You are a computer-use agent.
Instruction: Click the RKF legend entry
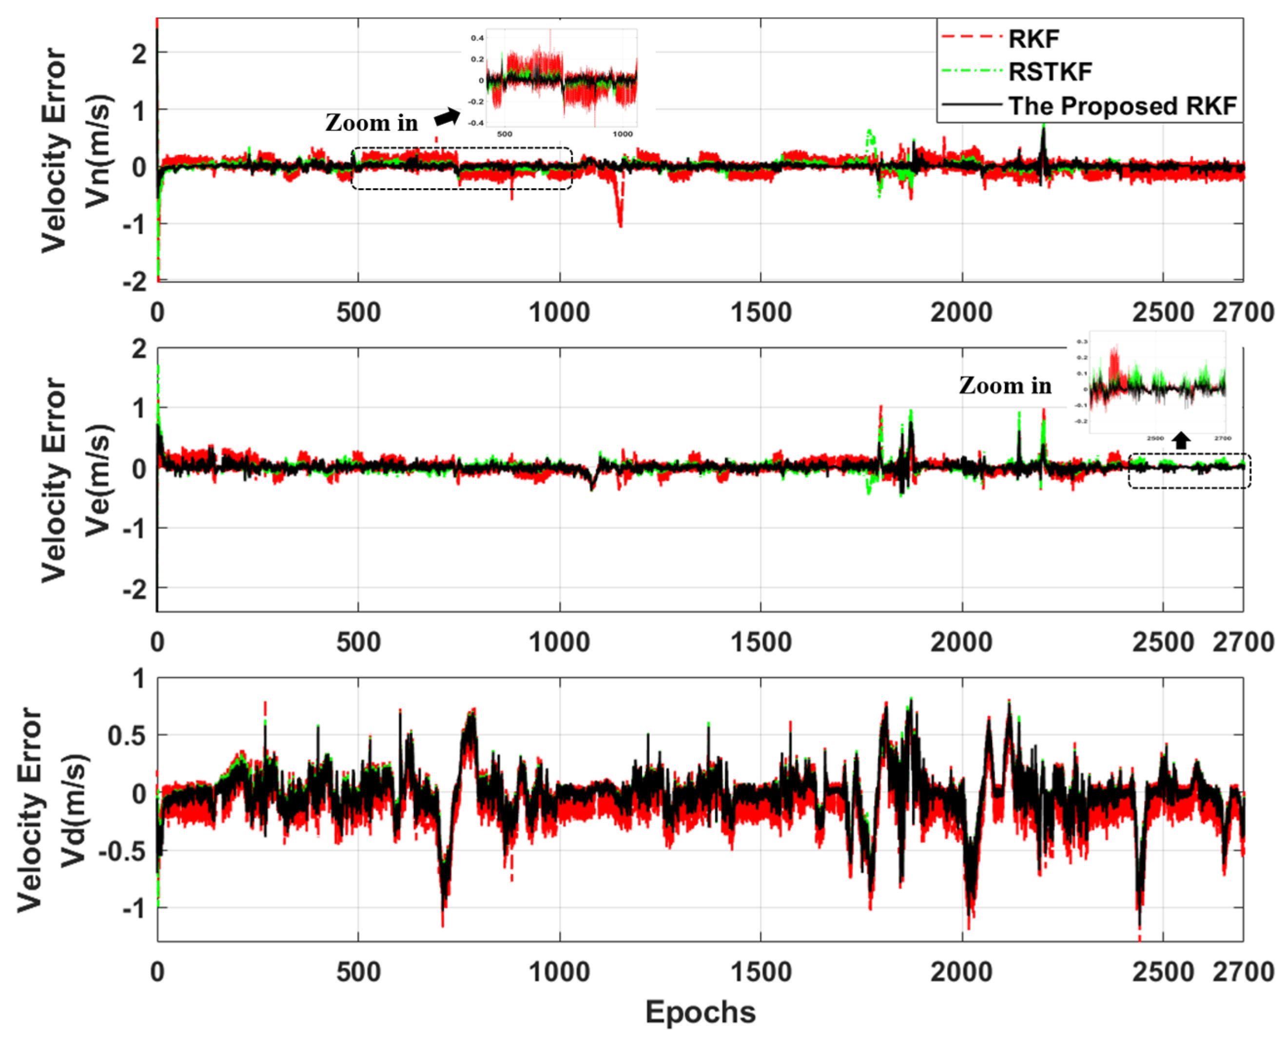[x=1034, y=39]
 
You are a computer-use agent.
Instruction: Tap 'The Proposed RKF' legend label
[x=1122, y=106]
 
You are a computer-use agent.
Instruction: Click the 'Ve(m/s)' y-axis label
[x=98, y=480]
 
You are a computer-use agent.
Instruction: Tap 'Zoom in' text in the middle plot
[x=1005, y=386]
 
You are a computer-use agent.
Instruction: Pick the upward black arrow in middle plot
[x=1181, y=441]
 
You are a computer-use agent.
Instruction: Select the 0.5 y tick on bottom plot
[x=127, y=736]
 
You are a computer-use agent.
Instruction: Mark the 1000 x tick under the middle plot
[x=559, y=642]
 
